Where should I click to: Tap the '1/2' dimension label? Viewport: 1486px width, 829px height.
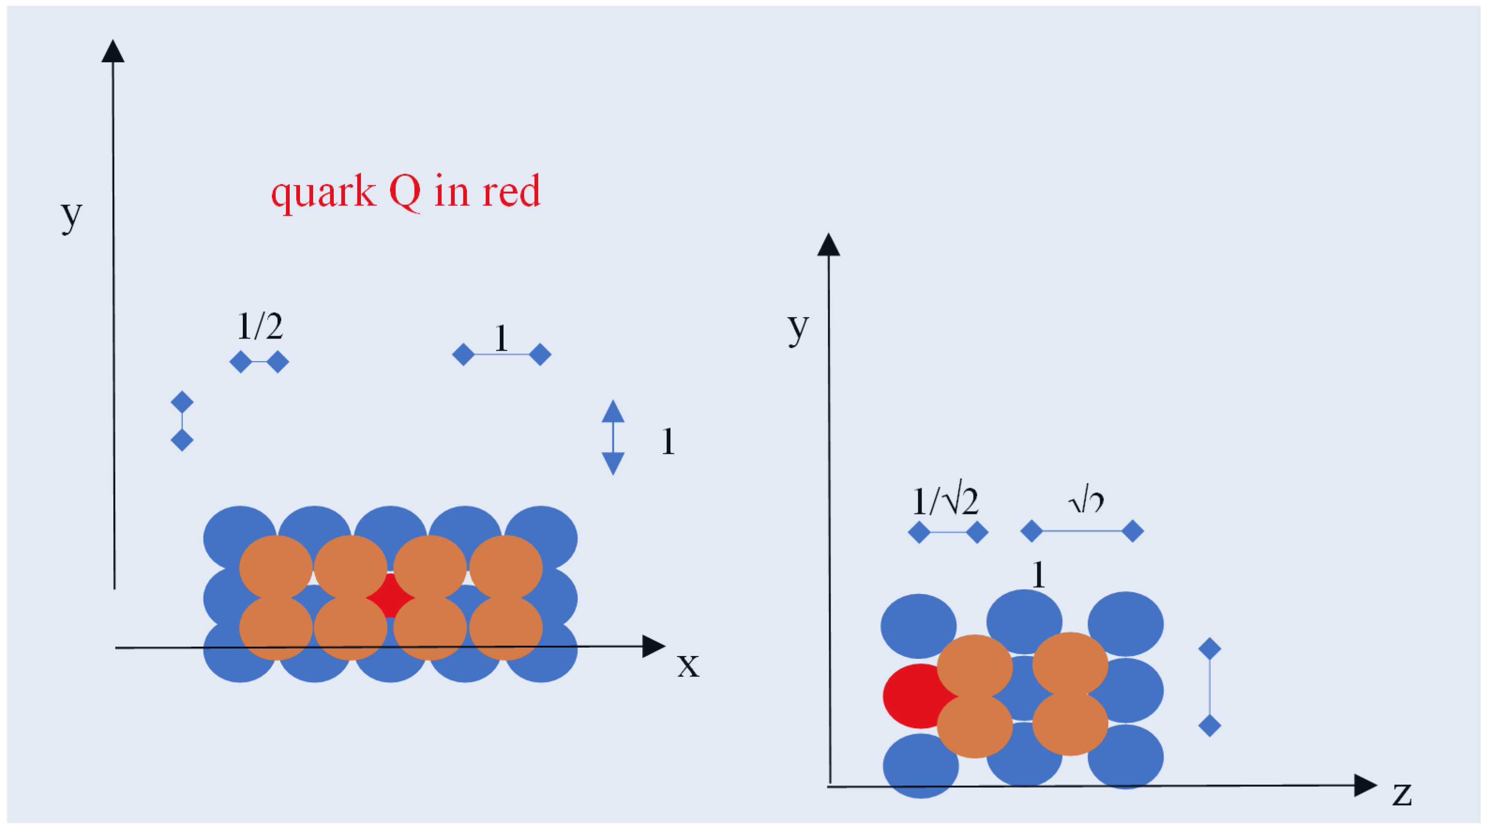[x=260, y=326]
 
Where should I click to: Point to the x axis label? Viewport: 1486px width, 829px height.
[x=688, y=665]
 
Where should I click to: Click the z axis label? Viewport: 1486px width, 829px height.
[x=1402, y=794]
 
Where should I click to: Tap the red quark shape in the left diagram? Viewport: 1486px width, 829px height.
[x=390, y=595]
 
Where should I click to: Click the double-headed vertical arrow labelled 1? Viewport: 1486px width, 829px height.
[x=613, y=437]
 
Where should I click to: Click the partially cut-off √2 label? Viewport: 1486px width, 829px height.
[x=1086, y=503]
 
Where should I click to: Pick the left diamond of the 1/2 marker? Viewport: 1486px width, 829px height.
[x=240, y=362]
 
